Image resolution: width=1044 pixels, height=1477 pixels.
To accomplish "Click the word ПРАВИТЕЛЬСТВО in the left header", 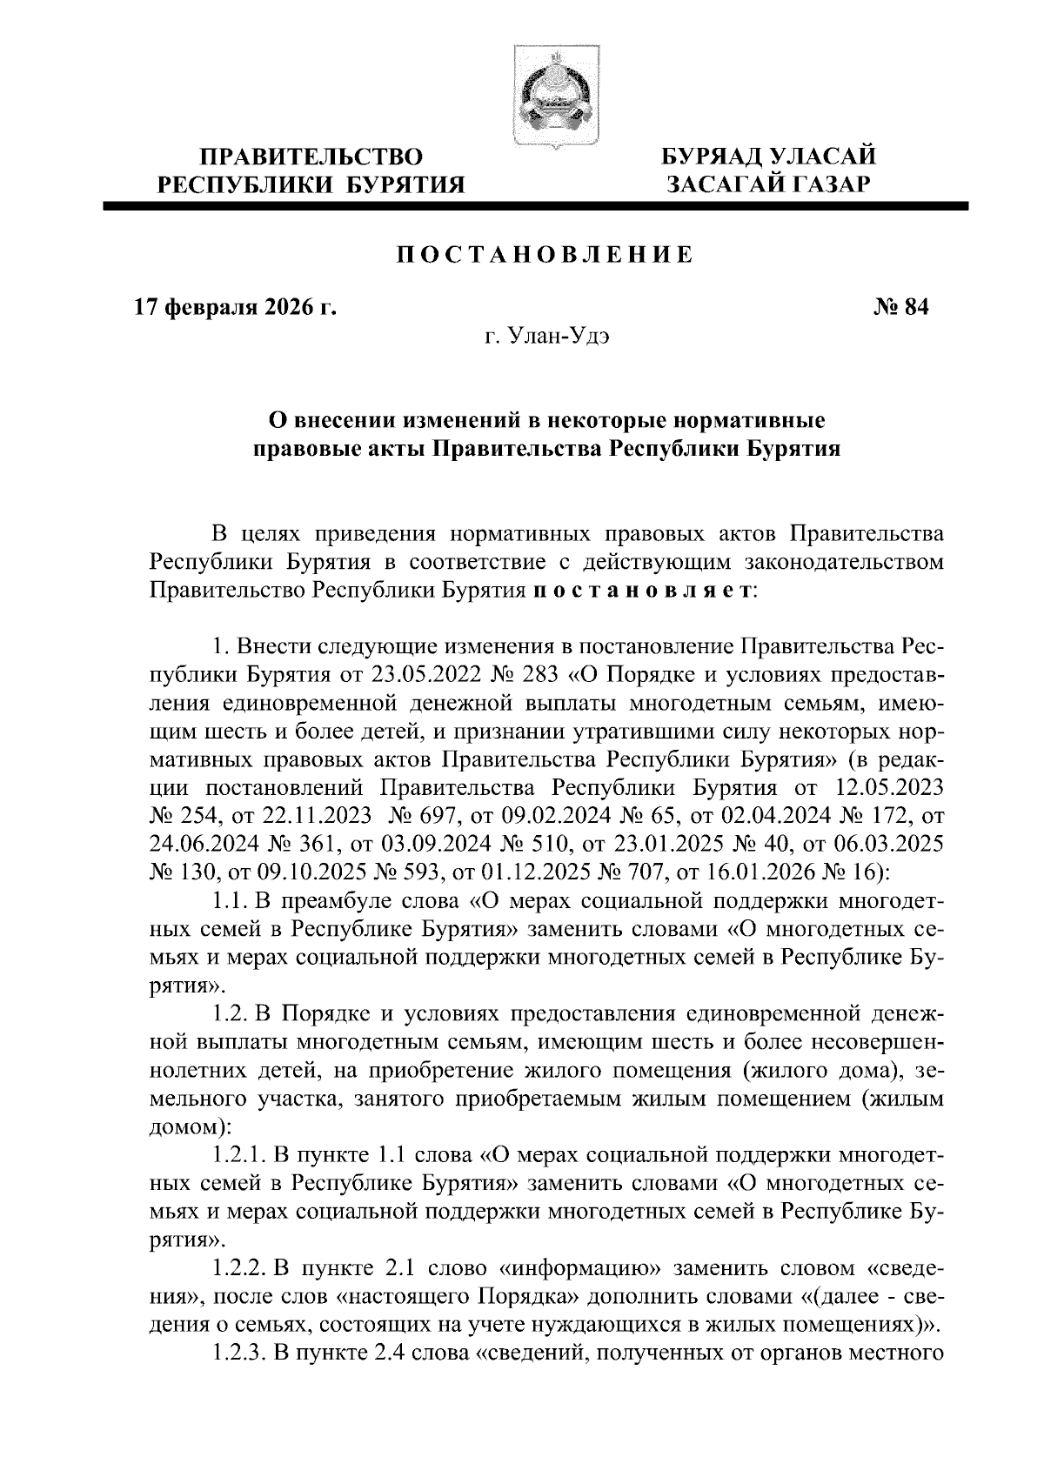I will tap(311, 157).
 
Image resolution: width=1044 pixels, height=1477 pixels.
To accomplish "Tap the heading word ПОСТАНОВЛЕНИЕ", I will tap(545, 255).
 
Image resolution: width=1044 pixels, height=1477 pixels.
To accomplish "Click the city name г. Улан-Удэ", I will tap(545, 337).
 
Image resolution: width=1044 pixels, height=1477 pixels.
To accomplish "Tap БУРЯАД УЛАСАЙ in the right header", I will tap(768, 157).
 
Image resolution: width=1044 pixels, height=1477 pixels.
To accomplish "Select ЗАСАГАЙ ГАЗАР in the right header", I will tap(768, 184).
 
